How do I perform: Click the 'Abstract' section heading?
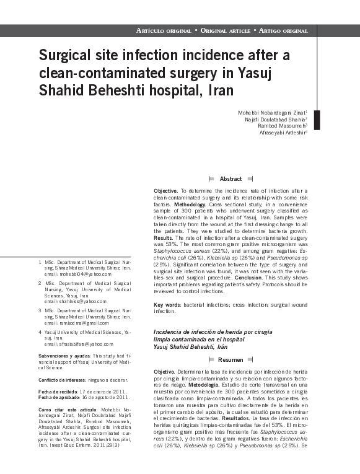(x=230, y=178)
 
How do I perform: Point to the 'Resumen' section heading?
(x=230, y=359)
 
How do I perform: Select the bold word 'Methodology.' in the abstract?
(x=194, y=203)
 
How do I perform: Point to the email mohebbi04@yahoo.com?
(x=86, y=273)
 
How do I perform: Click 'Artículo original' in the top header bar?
(x=164, y=30)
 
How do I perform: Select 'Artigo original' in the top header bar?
(x=283, y=30)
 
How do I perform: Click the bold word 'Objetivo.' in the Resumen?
(x=164, y=371)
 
